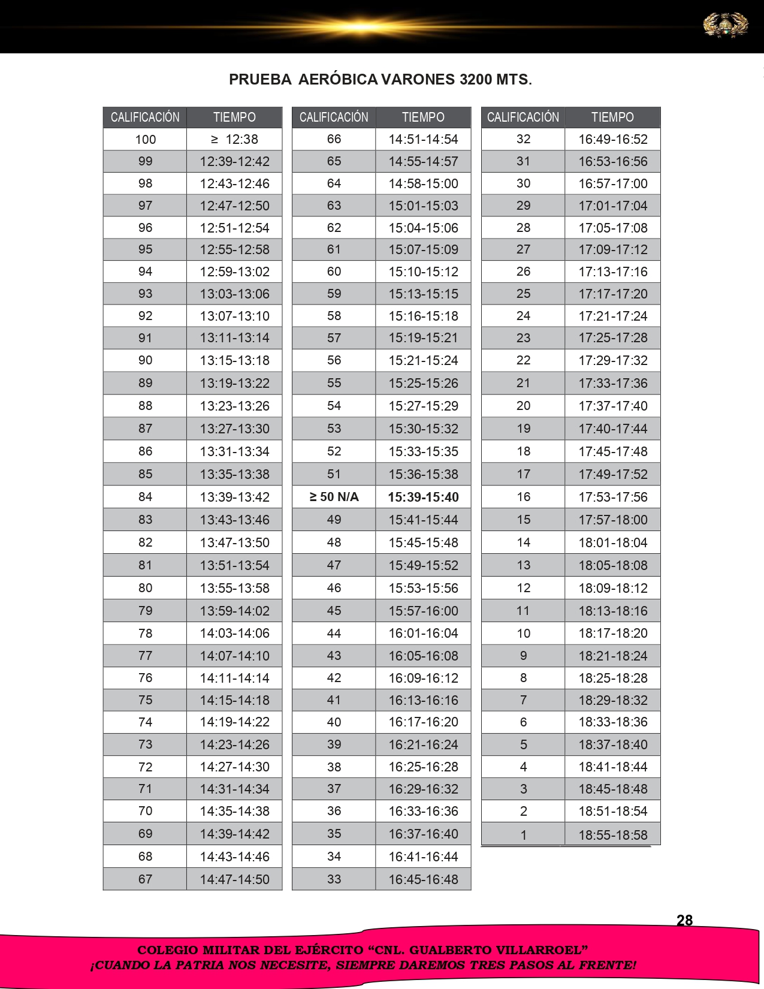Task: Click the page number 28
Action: point(684,920)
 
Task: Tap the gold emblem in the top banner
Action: point(726,25)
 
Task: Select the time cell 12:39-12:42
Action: point(234,161)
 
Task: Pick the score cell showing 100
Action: point(145,139)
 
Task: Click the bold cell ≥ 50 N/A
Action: point(334,497)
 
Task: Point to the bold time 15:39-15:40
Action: point(423,497)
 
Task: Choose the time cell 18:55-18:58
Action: point(612,834)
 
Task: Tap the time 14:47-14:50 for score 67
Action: point(234,879)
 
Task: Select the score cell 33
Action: point(334,879)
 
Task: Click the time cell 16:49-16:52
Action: point(612,139)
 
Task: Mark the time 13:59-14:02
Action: point(234,611)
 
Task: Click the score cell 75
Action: point(145,700)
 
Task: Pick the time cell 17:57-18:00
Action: point(612,520)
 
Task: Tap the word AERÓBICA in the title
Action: point(338,79)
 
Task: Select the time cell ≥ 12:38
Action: point(234,139)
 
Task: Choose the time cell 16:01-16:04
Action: point(423,633)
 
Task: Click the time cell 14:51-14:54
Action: point(423,139)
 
